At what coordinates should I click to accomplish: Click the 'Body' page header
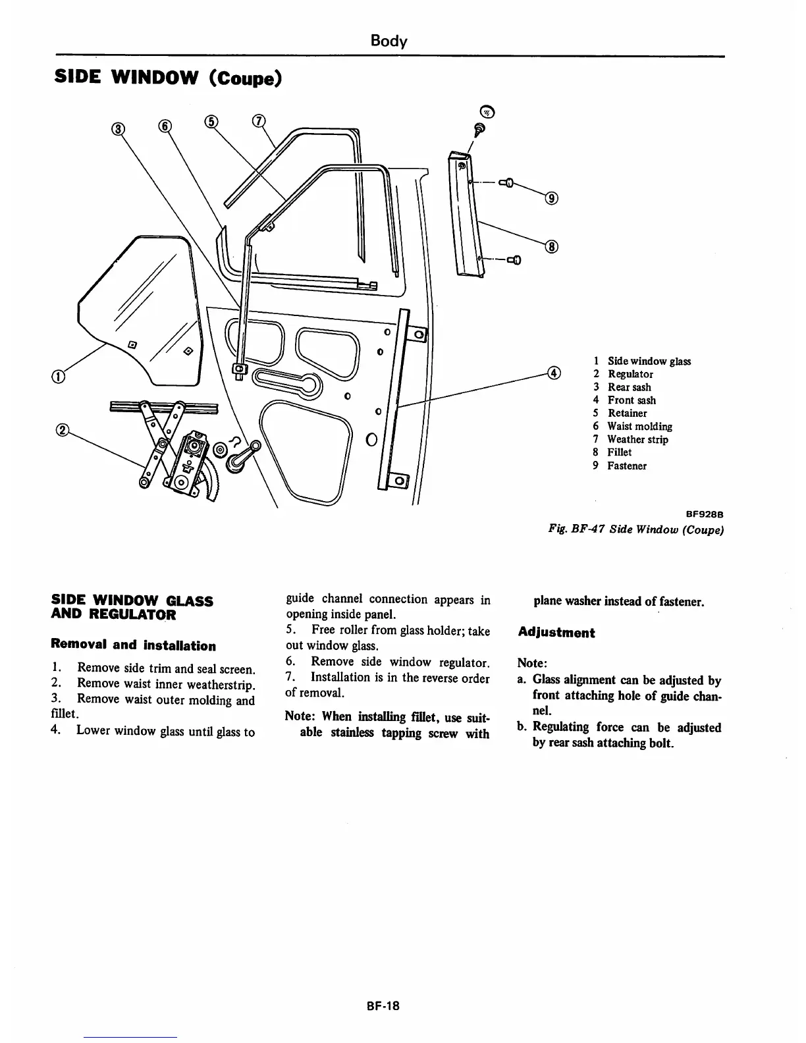389,41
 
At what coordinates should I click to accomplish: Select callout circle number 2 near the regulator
63,431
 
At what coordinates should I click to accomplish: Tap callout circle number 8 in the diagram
552,247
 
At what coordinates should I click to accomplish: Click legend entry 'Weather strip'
637,439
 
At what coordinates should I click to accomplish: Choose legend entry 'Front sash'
631,400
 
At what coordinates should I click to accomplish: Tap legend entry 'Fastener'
626,466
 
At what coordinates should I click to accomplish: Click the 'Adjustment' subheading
556,633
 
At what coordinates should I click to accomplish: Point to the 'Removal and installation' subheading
133,645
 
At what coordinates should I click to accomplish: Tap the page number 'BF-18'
384,1005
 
